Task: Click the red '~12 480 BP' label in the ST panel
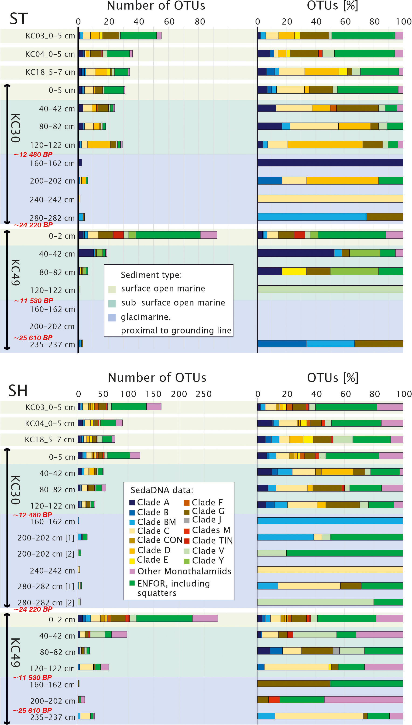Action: tap(33, 154)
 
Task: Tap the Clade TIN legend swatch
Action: tap(187, 541)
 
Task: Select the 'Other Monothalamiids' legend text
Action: tap(184, 571)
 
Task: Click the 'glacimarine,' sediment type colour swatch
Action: tap(112, 317)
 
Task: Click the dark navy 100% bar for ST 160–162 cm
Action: tap(330, 162)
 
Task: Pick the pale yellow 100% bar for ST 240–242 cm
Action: tap(330, 199)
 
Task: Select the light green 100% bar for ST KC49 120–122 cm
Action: tap(330, 289)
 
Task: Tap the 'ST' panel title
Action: tap(19, 19)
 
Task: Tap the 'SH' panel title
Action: tap(18, 390)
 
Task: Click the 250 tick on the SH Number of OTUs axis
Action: tap(203, 394)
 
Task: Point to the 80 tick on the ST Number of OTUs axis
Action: tap(200, 21)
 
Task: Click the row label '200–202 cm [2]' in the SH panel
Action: tap(46, 554)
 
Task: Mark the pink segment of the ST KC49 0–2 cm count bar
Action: tap(209, 235)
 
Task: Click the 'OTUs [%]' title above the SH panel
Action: tap(333, 378)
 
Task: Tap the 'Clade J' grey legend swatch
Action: tap(187, 520)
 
